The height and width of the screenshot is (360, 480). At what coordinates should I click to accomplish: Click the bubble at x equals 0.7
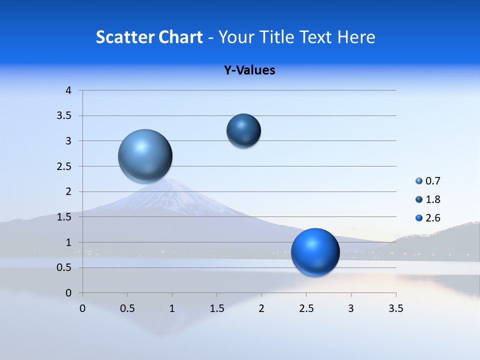pos(145,156)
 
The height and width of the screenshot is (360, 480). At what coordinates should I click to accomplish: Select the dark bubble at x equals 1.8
pos(243,130)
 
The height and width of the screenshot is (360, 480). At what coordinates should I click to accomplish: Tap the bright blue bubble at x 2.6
pos(315,252)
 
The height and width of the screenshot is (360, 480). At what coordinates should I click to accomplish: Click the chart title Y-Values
pos(249,70)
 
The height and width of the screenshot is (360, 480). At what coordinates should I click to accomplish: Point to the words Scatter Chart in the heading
pos(149,37)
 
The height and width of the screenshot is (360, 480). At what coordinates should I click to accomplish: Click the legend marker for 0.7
pos(419,181)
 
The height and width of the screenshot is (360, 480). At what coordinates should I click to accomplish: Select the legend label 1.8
pos(433,199)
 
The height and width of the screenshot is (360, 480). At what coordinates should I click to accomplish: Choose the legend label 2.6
pos(433,218)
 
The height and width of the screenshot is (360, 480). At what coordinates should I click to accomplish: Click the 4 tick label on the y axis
pos(68,90)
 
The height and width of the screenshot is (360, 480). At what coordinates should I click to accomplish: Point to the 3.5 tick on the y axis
pos(65,116)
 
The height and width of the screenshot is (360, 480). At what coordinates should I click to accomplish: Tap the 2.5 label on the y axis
pos(65,166)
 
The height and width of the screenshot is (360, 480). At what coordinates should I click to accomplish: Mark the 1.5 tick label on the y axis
pos(65,217)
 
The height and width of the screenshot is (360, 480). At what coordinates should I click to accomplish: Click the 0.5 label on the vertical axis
pos(65,268)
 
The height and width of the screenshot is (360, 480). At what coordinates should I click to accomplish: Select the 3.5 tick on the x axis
pos(395,308)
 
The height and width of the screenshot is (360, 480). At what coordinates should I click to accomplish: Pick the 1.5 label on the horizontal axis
pos(216,308)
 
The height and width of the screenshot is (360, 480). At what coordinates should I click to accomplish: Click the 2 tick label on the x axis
pos(261,308)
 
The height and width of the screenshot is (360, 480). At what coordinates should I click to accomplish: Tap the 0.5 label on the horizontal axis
pos(127,308)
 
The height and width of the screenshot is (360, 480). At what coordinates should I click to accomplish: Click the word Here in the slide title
pos(356,37)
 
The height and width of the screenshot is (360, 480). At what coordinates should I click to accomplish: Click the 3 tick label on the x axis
pos(351,308)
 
